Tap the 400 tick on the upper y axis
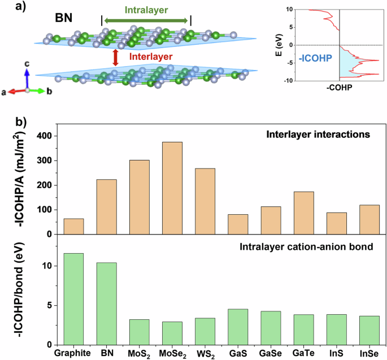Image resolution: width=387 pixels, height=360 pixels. [46, 136]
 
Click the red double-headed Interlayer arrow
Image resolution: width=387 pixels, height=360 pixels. [116, 57]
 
